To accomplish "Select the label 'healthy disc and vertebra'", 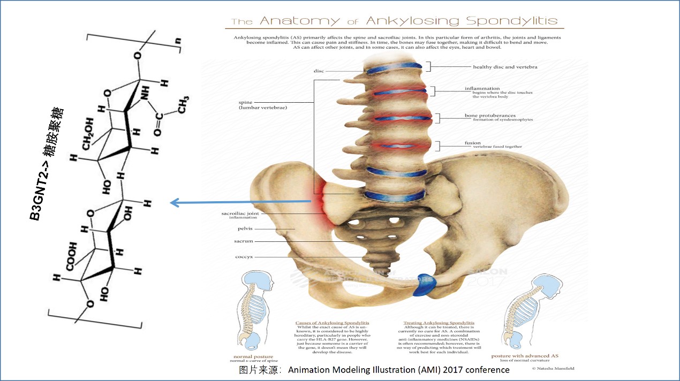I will click(x=505, y=67).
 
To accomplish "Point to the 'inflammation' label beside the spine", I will click(x=482, y=88).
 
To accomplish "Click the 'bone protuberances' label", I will click(x=490, y=116).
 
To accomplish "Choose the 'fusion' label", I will click(x=473, y=143).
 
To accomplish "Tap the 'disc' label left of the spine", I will click(x=319, y=71).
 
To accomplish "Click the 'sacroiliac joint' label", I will click(x=240, y=214).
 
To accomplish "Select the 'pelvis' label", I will click(x=245, y=228).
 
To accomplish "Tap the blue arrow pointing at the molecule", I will click(x=240, y=202).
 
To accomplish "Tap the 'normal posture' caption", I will click(x=253, y=356).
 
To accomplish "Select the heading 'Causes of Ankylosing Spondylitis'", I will click(x=332, y=323).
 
